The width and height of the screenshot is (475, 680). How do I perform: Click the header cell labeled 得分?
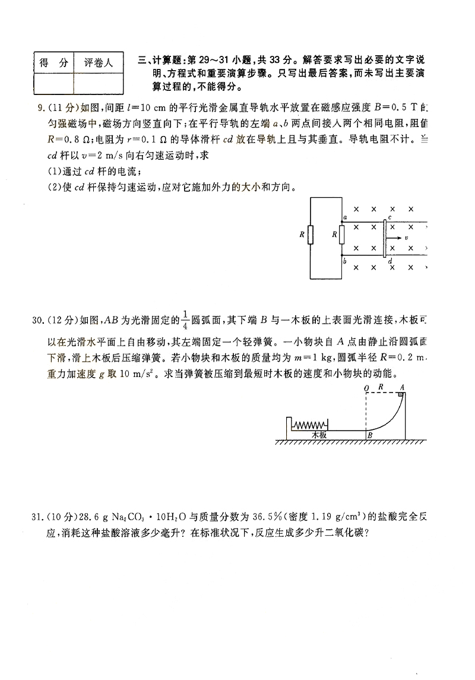point(53,62)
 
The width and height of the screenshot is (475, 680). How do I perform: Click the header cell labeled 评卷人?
point(99,62)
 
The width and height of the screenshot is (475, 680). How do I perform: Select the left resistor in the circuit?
point(310,235)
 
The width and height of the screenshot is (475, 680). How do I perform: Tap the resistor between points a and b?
point(342,235)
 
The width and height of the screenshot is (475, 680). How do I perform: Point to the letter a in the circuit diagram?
point(345,219)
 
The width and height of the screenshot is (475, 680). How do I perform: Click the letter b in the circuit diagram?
point(345,261)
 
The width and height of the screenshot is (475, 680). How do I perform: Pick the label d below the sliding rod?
point(389,262)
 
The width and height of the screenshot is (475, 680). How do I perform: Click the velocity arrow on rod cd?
point(394,238)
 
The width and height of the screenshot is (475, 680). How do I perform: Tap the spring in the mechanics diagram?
point(311,425)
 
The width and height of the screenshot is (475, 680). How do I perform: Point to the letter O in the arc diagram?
point(366,388)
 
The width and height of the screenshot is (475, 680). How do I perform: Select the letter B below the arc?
point(369,436)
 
